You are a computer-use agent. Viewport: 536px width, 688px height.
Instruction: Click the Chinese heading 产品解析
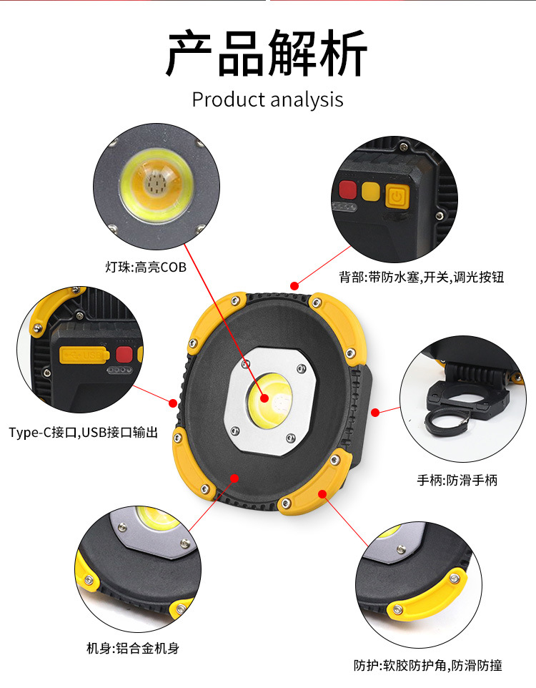[x=267, y=53]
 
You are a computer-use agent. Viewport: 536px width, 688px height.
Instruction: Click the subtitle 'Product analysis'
[x=267, y=99]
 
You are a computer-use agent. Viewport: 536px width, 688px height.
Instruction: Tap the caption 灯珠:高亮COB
[x=145, y=268]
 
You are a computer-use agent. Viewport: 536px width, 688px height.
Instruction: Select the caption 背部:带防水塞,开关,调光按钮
[x=421, y=277]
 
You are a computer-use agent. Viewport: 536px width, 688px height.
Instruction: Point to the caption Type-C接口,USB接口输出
[x=83, y=433]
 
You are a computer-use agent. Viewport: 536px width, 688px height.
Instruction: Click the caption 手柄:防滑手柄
[x=457, y=480]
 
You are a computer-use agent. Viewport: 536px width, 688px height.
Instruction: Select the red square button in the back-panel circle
[x=348, y=191]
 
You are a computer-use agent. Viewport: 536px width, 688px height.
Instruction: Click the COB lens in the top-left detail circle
[x=155, y=185]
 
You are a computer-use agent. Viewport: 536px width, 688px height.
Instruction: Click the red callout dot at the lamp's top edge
[x=294, y=285]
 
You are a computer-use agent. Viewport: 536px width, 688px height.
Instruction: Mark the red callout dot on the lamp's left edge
[x=172, y=403]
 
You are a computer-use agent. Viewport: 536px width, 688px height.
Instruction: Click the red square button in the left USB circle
[x=124, y=355]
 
